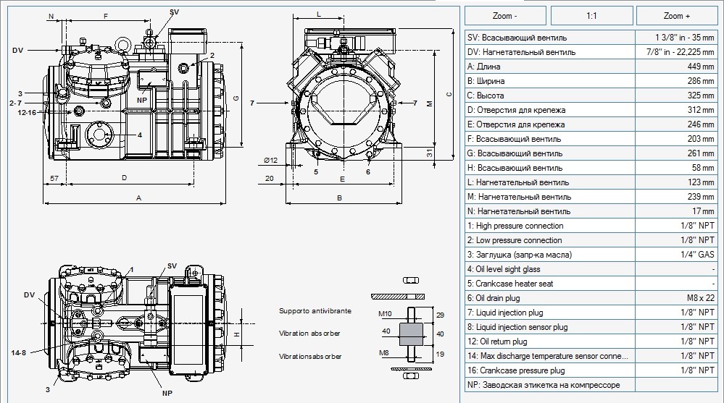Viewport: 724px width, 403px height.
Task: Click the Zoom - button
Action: pyautogui.click(x=505, y=16)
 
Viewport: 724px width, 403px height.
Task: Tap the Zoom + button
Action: pyautogui.click(x=677, y=16)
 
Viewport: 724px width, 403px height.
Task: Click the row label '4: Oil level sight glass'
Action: pyautogui.click(x=504, y=269)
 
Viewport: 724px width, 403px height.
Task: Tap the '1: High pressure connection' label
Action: pyautogui.click(x=515, y=226)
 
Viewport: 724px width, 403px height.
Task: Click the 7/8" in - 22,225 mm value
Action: pyautogui.click(x=680, y=52)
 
